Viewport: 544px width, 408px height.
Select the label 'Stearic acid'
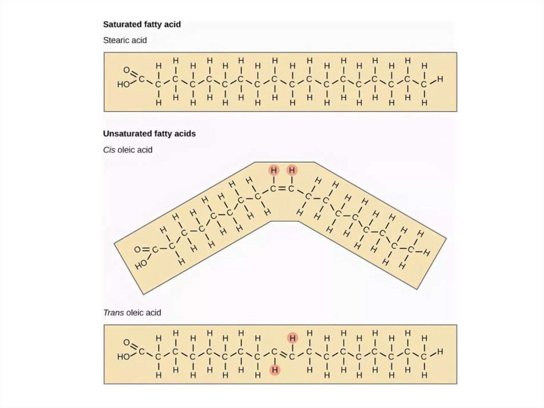click(x=124, y=40)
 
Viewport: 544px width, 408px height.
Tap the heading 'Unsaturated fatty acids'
click(x=149, y=134)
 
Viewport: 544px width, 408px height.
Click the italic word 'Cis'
click(x=109, y=150)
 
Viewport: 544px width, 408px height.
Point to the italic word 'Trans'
click(x=113, y=313)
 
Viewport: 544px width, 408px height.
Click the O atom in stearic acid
click(x=126, y=70)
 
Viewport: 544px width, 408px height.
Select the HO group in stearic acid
click(x=123, y=84)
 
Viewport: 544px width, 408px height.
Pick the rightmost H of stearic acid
click(x=439, y=80)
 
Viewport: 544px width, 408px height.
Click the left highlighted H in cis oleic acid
click(x=274, y=170)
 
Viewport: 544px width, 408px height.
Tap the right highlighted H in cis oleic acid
click(x=292, y=170)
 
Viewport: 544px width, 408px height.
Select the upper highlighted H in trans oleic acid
click(x=292, y=338)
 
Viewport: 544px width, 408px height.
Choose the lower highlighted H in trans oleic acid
click(x=275, y=370)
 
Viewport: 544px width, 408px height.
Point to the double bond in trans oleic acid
click(x=283, y=354)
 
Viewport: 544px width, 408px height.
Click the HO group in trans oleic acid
click(x=123, y=357)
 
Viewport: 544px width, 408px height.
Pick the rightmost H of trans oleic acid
click(x=439, y=352)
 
